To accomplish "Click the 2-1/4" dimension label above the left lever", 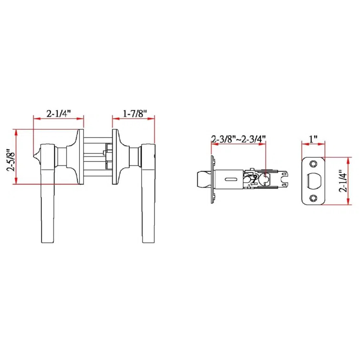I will [58, 114].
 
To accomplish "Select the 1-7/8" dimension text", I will [134, 114].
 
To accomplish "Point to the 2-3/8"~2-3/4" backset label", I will [238, 139].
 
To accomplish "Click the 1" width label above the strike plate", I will [313, 139].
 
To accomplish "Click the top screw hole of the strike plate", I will [313, 164].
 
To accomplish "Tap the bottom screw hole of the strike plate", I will [313, 198].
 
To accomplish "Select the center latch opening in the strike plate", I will [315, 181].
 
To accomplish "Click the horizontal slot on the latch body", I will [230, 179].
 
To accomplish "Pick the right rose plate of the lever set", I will [114, 157].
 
